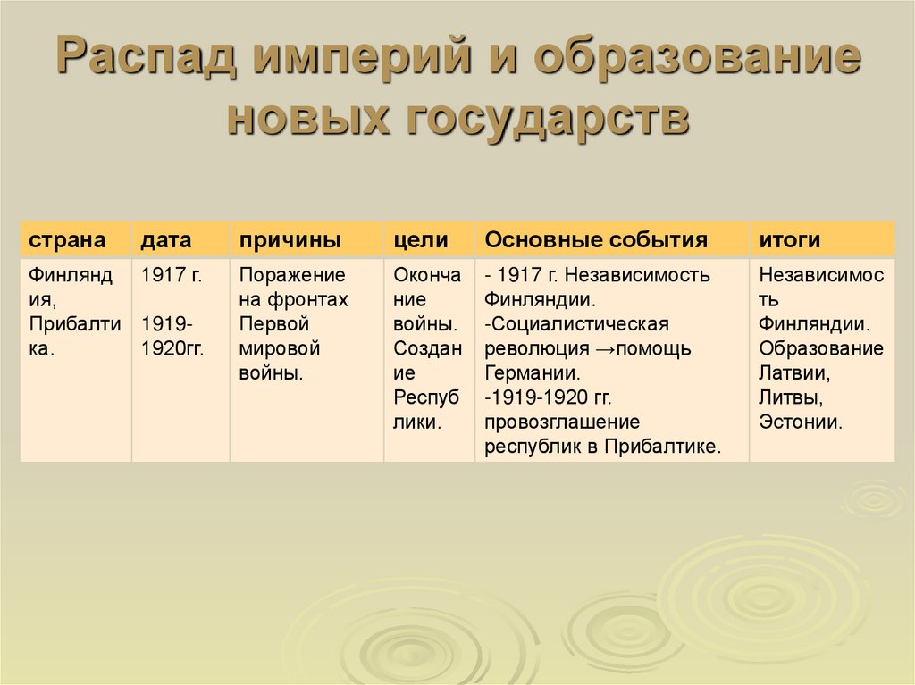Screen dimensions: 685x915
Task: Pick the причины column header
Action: [289, 240]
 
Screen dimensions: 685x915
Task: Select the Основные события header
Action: [596, 240]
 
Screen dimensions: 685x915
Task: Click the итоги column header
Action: [790, 240]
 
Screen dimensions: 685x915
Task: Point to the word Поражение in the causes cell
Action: [292, 275]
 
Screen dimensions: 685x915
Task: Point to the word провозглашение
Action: [562, 422]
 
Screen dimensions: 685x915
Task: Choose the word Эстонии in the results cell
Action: [800, 422]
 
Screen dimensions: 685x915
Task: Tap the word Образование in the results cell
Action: [820, 348]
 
